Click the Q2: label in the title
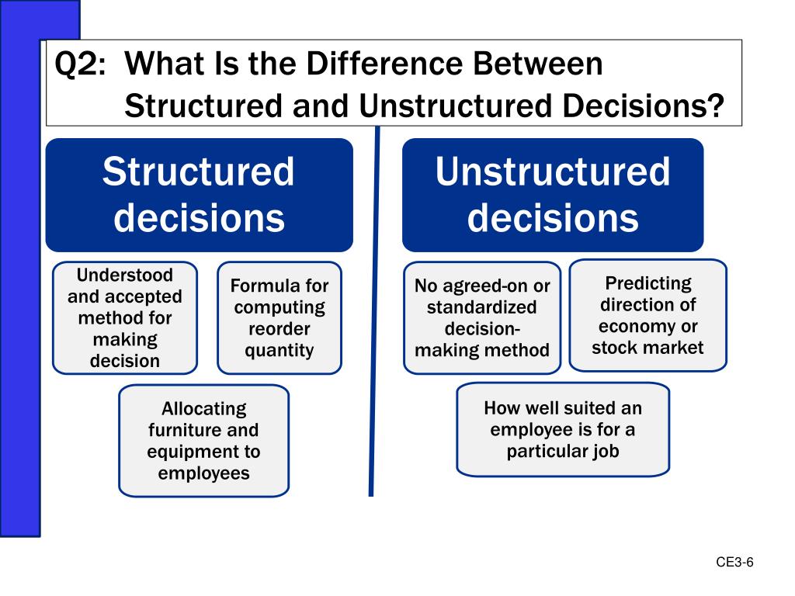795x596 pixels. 78,64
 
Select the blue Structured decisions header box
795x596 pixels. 199,195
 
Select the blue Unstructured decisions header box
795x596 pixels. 553,195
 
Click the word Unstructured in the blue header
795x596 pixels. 553,172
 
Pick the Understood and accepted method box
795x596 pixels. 125,318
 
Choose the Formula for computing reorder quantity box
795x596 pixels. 279,318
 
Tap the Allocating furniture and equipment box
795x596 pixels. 203,441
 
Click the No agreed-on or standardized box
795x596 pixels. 482,318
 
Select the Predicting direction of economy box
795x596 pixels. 648,315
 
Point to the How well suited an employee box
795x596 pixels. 563,429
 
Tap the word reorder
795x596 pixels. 279,329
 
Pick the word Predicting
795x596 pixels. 648,283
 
